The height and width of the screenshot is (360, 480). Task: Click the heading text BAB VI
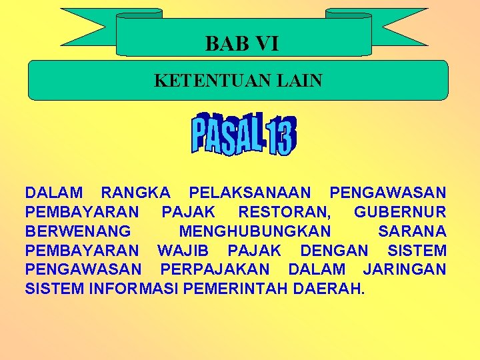pos(242,44)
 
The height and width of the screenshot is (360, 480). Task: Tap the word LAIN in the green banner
pos(297,81)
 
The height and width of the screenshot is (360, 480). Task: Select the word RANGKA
pos(135,193)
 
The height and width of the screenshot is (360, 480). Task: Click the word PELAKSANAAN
pos(250,193)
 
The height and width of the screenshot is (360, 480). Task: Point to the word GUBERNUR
pos(400,213)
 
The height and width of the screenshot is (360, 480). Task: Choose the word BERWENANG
pos(78,232)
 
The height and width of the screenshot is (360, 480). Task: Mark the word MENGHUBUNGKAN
pos(255,232)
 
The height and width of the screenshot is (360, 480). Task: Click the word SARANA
pos(412,232)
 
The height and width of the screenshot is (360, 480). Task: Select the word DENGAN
pos(334,251)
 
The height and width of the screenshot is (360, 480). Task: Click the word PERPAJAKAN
pos(215,271)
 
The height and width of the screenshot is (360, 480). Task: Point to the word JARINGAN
pos(405,271)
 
